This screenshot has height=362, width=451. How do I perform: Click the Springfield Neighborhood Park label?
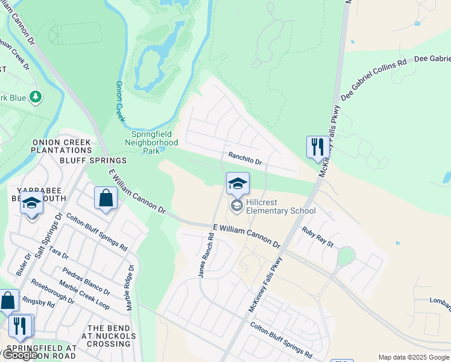(x=151, y=142)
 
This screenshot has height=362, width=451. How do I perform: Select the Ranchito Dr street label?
(x=245, y=159)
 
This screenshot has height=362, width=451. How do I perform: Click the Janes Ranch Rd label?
(x=206, y=256)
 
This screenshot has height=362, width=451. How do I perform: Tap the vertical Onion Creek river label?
(x=119, y=101)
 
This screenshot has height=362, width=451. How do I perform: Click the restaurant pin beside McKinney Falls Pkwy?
(x=317, y=147)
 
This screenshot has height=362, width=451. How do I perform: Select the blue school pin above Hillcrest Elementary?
(x=238, y=183)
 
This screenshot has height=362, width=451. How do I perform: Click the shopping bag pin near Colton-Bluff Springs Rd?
(x=106, y=197)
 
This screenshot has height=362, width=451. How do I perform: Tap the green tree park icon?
(x=36, y=97)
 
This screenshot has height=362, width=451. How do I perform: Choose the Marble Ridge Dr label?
(x=130, y=288)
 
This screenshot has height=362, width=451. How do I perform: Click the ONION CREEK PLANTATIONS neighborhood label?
(x=61, y=146)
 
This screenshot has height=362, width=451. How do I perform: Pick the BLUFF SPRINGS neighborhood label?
(x=93, y=160)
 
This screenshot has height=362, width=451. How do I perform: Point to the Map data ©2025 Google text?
(x=414, y=357)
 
